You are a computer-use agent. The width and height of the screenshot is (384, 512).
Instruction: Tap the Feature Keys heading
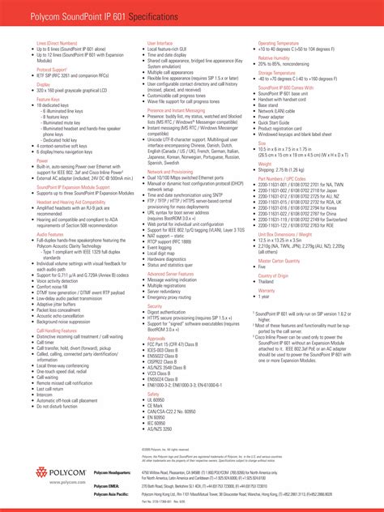tap(48, 99)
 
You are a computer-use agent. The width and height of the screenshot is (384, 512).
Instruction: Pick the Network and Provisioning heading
tap(170, 172)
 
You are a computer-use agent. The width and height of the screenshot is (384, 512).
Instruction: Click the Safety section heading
tap(153, 394)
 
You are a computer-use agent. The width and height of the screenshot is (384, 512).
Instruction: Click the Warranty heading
tap(267, 289)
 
